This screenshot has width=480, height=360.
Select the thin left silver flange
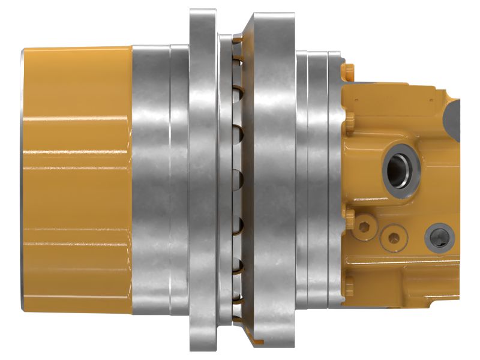(x=203, y=180)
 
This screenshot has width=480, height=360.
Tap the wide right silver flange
(x=273, y=180)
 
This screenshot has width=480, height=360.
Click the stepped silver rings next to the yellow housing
(x=318, y=180)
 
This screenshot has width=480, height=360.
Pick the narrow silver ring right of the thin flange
(x=225, y=180)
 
